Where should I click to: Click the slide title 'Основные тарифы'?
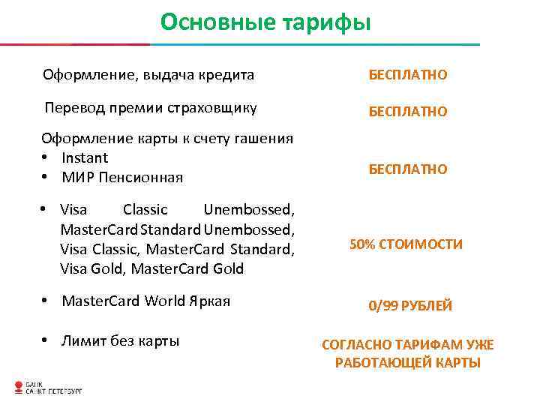click(x=265, y=22)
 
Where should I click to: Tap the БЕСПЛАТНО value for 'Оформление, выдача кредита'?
click(x=407, y=75)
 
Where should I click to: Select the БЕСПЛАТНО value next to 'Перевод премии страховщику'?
click(x=407, y=111)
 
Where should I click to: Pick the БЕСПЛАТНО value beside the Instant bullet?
click(x=407, y=169)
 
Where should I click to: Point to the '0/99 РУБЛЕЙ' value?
click(x=409, y=305)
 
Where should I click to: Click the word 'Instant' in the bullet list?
click(x=85, y=157)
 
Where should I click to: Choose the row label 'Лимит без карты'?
click(x=120, y=341)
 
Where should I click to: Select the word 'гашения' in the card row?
click(x=267, y=138)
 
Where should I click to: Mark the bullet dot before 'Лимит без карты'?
click(x=46, y=342)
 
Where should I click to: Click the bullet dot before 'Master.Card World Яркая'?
click(x=46, y=302)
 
